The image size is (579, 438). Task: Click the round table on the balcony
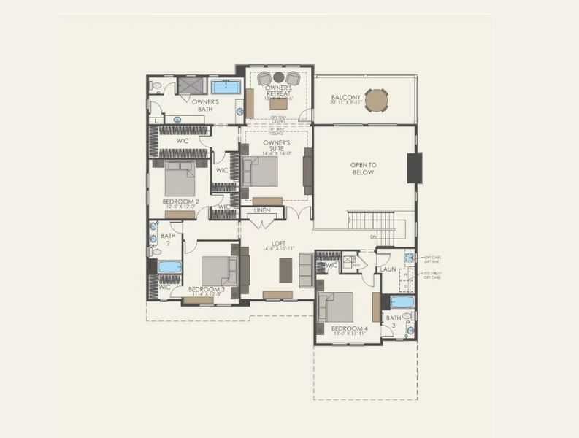(377, 99)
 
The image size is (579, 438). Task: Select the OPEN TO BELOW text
(362, 169)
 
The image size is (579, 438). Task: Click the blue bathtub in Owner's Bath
(226, 88)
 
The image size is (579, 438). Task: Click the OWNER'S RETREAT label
(278, 91)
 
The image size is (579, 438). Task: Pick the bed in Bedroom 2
(179, 178)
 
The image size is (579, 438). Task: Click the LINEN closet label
(261, 210)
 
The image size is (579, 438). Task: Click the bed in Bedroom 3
(218, 271)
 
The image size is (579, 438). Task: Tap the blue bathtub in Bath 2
(169, 267)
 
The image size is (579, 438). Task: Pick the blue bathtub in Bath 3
(401, 302)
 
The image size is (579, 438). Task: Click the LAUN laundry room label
(387, 269)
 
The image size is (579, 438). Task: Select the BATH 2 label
(168, 239)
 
